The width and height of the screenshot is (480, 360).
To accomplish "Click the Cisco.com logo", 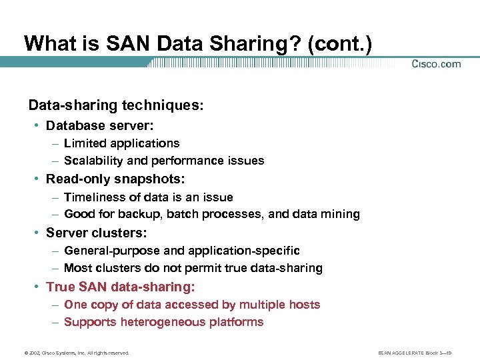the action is tap(436, 64).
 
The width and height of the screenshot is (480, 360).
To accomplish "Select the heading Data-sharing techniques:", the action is tap(115, 105).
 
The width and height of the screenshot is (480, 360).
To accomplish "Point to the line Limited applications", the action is tap(122, 143).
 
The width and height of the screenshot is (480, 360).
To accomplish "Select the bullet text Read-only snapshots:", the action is tap(115, 179).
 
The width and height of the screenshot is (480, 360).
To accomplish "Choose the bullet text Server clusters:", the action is tap(97, 233).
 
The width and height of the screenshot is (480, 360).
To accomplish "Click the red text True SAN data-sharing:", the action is tap(121, 287).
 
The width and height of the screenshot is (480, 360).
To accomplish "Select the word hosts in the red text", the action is tap(304, 305).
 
